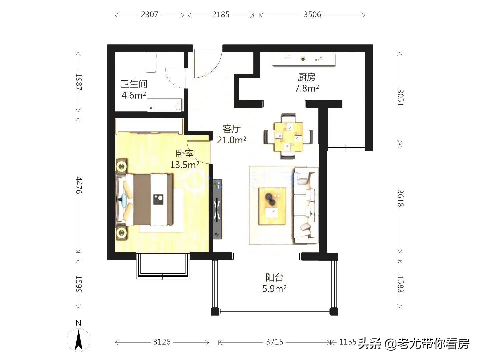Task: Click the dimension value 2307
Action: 149,15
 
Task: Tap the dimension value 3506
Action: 312,15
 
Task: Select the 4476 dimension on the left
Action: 78,185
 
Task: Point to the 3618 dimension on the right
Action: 400,198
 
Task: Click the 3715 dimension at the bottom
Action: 274,342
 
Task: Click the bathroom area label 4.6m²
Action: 134,95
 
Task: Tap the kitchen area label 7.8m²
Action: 306,88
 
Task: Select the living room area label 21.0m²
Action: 231,140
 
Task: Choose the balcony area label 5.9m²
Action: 274,289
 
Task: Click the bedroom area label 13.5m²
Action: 184,165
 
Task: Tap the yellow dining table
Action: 288,137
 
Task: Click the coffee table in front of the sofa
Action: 272,206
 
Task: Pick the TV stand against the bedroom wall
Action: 217,209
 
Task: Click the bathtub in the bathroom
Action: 165,105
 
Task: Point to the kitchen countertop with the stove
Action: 303,59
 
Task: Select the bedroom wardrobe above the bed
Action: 149,126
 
